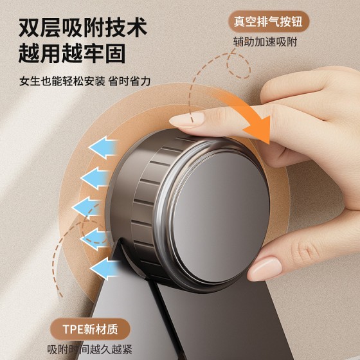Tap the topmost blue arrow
point(104,147)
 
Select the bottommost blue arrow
point(105,269)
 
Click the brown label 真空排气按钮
point(269,22)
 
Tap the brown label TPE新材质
point(90,329)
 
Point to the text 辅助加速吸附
point(265,42)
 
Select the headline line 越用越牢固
point(72,53)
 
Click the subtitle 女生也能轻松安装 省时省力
point(85,81)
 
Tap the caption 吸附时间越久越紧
point(90,349)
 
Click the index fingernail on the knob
point(186,119)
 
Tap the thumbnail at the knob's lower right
point(264,269)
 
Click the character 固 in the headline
point(115,53)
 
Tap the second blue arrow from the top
point(96,178)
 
